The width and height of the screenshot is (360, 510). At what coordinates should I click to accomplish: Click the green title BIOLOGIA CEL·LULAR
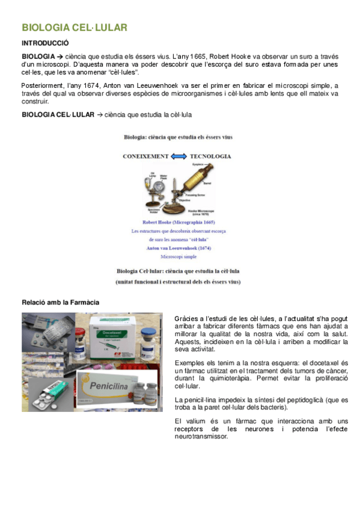pyautogui.click(x=74, y=28)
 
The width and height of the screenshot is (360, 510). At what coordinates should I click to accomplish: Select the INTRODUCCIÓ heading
pyautogui.click(x=45, y=43)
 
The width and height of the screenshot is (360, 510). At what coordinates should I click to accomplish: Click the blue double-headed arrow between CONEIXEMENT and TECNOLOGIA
pyautogui.click(x=178, y=156)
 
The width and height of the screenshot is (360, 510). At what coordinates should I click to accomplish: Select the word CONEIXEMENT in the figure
pyautogui.click(x=145, y=156)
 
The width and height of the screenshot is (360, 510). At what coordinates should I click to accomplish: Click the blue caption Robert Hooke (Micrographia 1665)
pyautogui.click(x=178, y=222)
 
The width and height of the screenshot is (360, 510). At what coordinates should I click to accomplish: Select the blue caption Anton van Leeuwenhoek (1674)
pyautogui.click(x=178, y=248)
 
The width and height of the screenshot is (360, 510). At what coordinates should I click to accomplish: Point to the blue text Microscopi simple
pyautogui.click(x=178, y=256)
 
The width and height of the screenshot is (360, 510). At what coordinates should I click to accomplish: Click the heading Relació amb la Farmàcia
pyautogui.click(x=61, y=302)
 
